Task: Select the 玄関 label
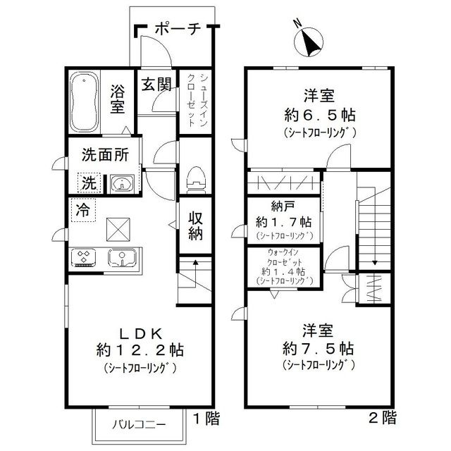coord(156,85)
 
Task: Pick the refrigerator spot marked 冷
coord(82,209)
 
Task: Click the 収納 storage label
coord(194,226)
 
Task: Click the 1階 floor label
coord(206,419)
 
